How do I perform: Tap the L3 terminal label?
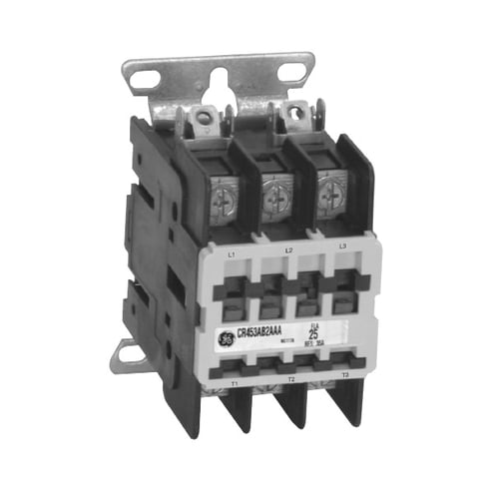342,245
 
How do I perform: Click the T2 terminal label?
289,379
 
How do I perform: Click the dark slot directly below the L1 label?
232,289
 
